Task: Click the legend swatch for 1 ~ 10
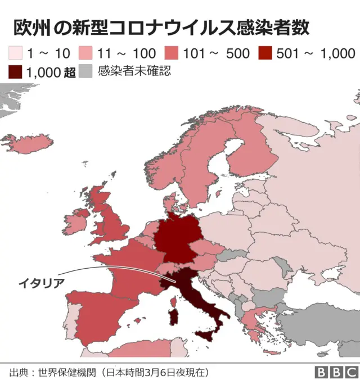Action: click(15, 55)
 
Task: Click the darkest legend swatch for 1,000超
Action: click(15, 72)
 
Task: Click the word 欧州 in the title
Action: click(28, 29)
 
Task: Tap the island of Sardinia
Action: click(175, 315)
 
